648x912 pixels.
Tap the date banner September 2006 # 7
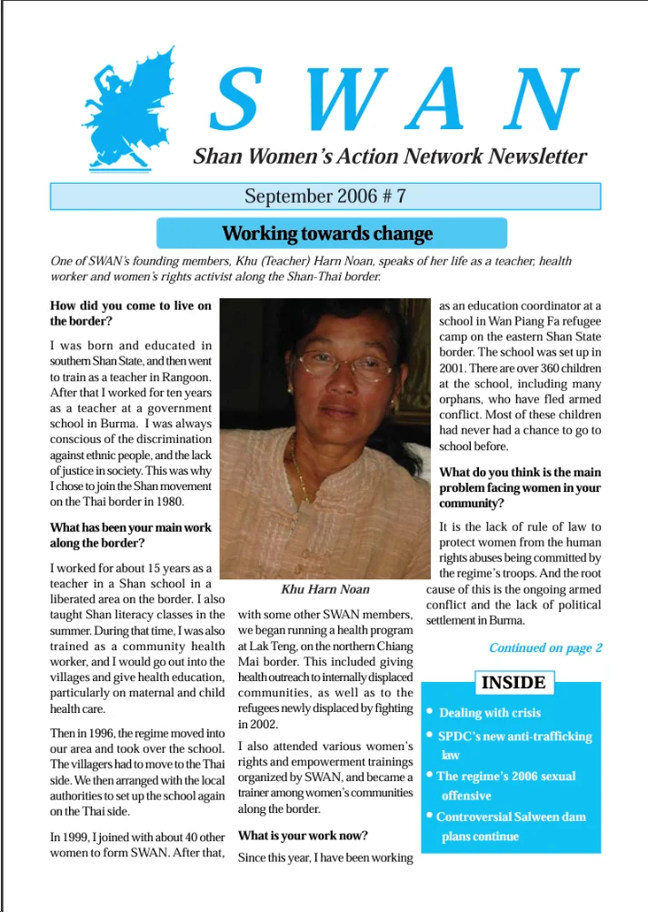coord(324,196)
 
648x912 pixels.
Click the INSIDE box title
coord(513,682)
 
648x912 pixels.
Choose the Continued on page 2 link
coord(545,648)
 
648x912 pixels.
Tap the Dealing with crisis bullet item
coord(490,713)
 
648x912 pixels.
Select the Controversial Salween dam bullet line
coord(511,817)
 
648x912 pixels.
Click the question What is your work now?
coord(303,835)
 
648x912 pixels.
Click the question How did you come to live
coord(131,306)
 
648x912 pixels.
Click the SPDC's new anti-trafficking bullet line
coord(515,736)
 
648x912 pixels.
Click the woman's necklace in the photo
coord(297,473)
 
